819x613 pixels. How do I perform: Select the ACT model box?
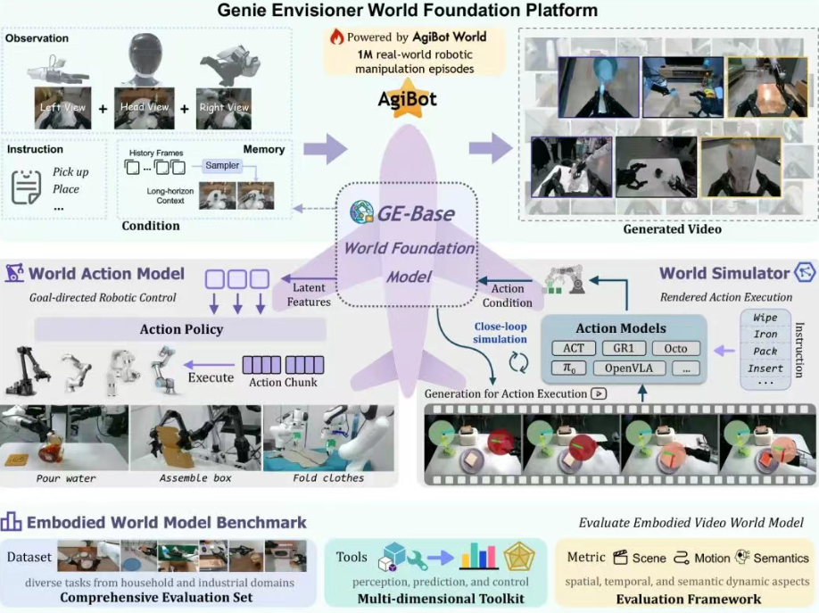[574, 348]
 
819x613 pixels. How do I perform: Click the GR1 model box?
[625, 348]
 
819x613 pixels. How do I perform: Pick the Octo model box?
[675, 348]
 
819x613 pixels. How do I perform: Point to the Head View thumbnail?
[145, 108]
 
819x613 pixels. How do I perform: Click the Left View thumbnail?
[62, 108]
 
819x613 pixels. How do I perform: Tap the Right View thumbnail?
[224, 108]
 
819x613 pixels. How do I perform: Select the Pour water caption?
[66, 478]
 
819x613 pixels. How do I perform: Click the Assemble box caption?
[195, 478]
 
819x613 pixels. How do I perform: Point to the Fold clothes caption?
[328, 478]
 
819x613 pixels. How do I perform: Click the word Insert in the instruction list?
[765, 368]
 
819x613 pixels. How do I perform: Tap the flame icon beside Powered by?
[336, 37]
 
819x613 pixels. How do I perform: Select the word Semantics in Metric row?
[781, 558]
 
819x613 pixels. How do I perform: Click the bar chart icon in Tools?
[479, 558]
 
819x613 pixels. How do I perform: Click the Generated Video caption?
[673, 229]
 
